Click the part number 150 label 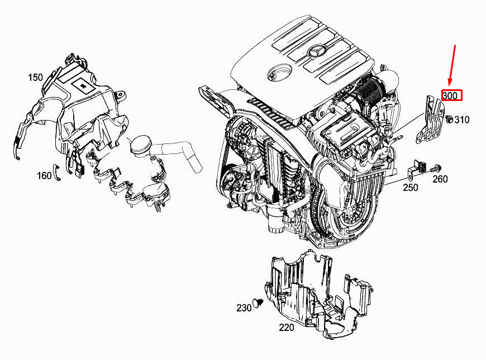tap(35, 77)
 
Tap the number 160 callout tap(44, 176)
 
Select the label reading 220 tap(287, 327)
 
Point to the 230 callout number tap(244, 308)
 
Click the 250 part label tap(411, 188)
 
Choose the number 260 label tap(440, 179)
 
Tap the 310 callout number tap(462, 119)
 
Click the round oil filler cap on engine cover tap(279, 74)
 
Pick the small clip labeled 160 tap(56, 172)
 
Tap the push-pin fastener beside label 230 tap(258, 303)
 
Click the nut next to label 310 tap(449, 119)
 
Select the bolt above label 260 tap(436, 169)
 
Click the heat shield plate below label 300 tap(430, 120)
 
